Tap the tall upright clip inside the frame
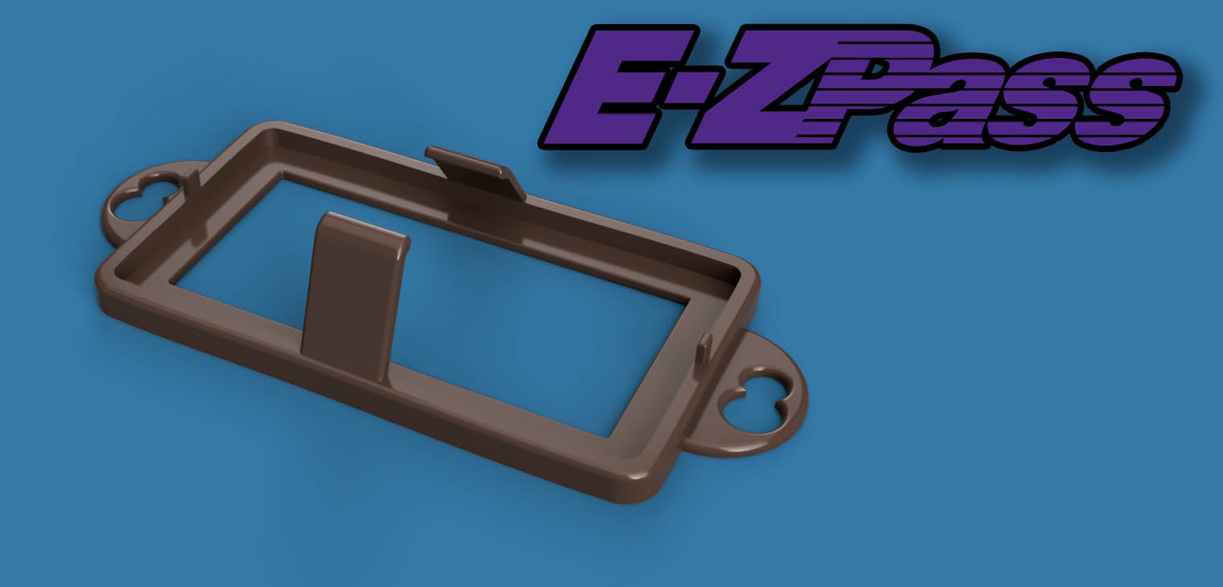tap(354, 294)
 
